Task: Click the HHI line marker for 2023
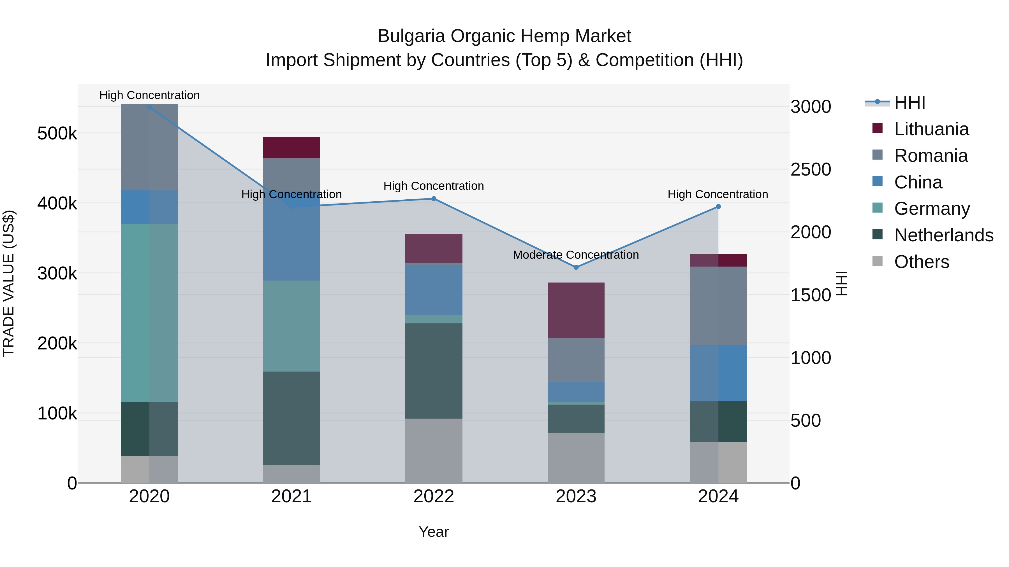click(576, 267)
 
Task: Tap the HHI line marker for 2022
click(434, 199)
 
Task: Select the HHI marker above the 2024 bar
click(718, 207)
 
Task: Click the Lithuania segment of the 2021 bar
click(291, 148)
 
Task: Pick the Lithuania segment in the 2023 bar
click(576, 310)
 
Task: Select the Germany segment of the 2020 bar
click(149, 313)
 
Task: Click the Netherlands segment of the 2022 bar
click(434, 371)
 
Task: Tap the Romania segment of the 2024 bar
click(718, 306)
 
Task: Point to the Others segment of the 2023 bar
click(576, 458)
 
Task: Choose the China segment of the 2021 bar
click(291, 242)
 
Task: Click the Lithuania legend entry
click(931, 129)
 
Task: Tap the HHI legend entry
click(910, 102)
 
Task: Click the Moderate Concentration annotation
click(576, 255)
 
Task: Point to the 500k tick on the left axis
click(57, 134)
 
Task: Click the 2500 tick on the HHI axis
click(810, 169)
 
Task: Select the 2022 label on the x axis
click(434, 496)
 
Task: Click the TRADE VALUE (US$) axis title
click(9, 283)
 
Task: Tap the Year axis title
click(434, 532)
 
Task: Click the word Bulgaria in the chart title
click(411, 36)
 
